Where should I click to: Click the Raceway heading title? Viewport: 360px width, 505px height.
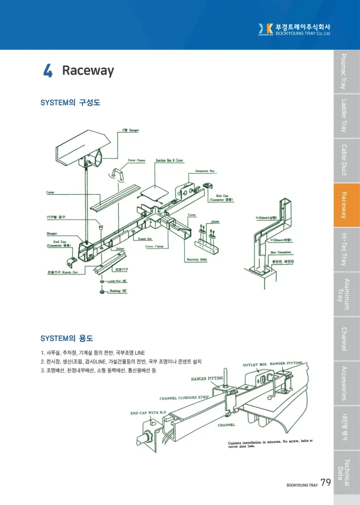[88, 71]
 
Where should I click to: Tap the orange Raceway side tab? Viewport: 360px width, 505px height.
[347, 205]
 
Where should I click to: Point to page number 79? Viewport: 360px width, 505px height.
[325, 482]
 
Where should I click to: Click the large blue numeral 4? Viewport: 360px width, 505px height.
[48, 72]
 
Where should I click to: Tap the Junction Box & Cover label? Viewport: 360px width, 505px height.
[170, 160]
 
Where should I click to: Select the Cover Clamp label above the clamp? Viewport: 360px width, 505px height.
[137, 160]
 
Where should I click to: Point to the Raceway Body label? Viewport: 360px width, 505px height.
[196, 259]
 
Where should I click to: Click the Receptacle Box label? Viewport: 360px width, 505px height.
[202, 171]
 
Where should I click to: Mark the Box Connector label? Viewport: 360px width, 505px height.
[281, 252]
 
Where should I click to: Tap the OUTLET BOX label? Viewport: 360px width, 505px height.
[254, 365]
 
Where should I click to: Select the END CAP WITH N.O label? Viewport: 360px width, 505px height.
[148, 413]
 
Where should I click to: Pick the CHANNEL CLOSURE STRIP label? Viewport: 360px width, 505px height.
[184, 397]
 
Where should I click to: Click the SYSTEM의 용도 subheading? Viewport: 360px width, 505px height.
[67, 338]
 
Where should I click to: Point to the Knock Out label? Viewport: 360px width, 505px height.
[145, 239]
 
